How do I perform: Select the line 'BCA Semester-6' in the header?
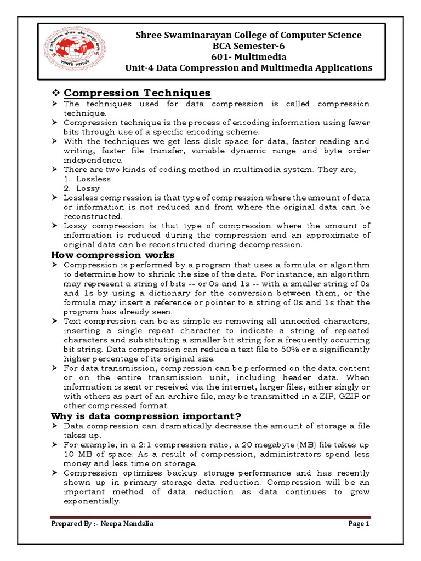248,45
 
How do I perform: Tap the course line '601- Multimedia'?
248,56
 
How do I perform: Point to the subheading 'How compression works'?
113,255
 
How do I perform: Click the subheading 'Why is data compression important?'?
146,416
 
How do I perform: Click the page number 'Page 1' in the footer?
360,524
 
